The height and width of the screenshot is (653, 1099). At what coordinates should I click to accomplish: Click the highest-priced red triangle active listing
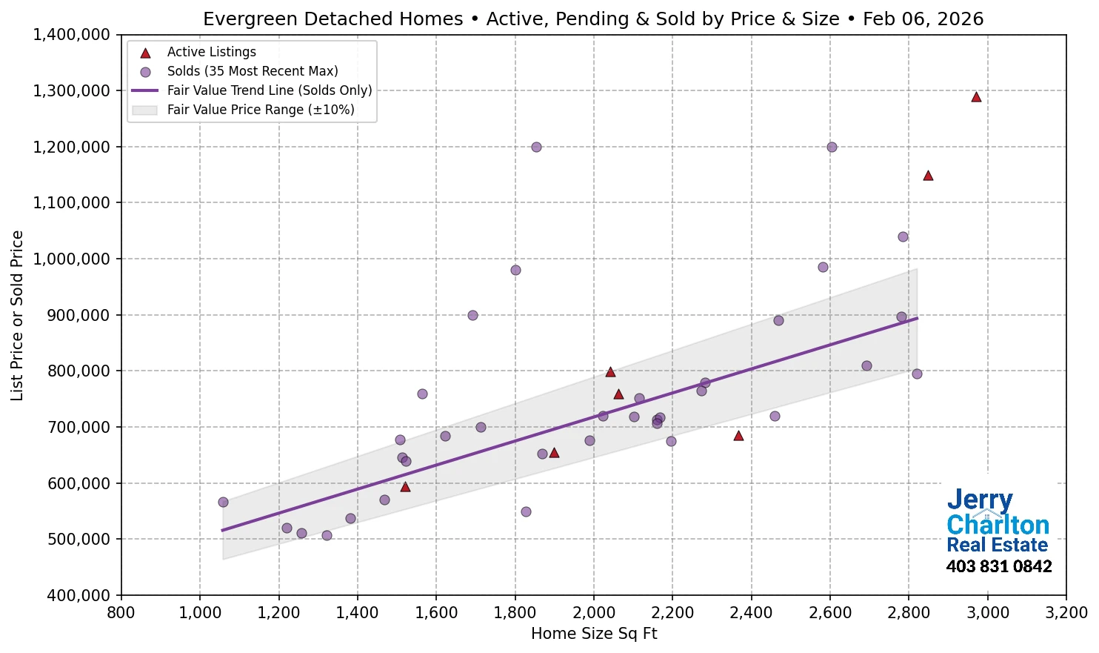[976, 97]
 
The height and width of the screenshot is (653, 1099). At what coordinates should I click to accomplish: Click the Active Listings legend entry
[211, 52]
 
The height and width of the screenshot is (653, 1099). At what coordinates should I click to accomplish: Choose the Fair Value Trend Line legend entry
[269, 90]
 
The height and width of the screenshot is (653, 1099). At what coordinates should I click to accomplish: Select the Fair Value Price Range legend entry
[260, 110]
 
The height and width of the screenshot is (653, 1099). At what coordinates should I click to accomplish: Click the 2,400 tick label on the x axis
[751, 613]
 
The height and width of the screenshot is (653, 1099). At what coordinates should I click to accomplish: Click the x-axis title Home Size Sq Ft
[594, 634]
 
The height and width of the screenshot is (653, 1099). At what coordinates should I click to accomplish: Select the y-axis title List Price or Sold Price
[18, 315]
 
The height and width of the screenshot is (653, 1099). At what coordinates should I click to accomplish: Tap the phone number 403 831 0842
[998, 567]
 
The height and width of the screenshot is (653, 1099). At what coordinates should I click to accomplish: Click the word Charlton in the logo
[998, 525]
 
